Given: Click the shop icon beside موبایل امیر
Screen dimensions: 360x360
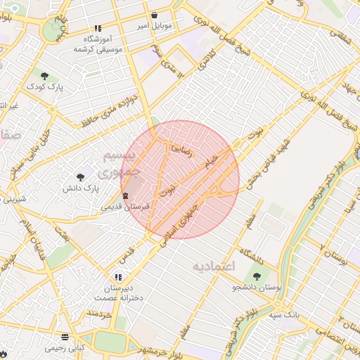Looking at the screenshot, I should coord(154,15).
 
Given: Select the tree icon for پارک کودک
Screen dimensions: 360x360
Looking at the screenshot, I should coord(45,76).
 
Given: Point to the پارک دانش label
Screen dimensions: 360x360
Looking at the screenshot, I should coord(81,188).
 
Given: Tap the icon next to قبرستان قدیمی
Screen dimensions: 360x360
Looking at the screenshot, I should coord(125,195).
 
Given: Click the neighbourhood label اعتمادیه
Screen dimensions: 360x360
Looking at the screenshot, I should coord(212,267).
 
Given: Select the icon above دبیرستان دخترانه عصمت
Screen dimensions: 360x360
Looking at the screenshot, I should coord(118,277).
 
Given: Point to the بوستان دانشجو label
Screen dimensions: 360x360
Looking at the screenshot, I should coord(257,288).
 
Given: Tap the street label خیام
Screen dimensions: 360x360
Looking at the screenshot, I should coord(211,163).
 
